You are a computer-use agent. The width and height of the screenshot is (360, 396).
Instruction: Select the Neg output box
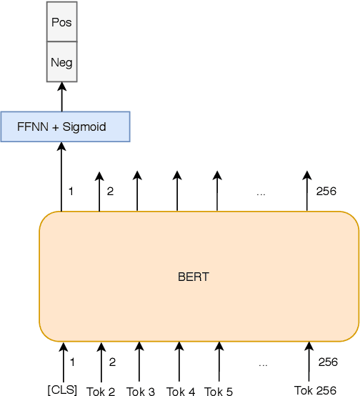click(61, 61)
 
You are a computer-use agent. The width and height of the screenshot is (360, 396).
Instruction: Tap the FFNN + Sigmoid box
click(65, 127)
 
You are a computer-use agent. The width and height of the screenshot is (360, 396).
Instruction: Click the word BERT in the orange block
click(193, 277)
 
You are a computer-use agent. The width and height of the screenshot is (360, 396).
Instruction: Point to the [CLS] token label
click(62, 390)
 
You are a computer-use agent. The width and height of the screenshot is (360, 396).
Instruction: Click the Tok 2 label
click(101, 391)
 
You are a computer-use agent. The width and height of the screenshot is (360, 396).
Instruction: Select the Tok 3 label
click(140, 391)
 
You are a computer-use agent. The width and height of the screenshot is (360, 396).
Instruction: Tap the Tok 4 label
click(180, 391)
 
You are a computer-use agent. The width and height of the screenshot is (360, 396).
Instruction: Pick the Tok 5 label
click(218, 391)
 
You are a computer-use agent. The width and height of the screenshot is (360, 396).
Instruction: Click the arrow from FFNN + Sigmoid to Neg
click(61, 96)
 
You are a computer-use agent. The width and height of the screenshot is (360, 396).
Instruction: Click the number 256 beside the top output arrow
click(326, 191)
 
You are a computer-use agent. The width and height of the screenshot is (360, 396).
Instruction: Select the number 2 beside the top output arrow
click(110, 191)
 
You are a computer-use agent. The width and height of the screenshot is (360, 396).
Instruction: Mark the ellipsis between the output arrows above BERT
click(261, 192)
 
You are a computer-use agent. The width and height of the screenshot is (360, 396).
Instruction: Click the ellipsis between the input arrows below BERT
click(263, 364)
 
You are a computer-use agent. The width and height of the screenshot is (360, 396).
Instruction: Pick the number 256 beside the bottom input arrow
click(328, 362)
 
